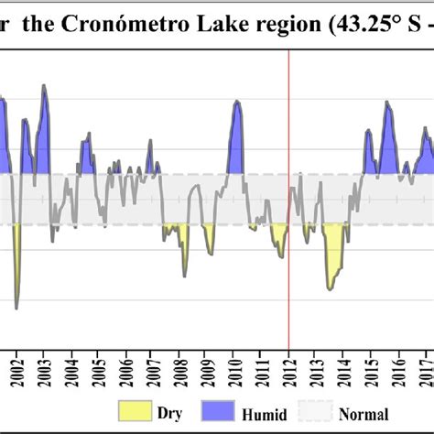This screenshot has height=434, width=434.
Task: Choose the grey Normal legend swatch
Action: pos(326,413)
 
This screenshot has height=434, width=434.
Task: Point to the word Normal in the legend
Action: pos(366,414)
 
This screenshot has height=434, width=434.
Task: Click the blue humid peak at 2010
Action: pos(237,137)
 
